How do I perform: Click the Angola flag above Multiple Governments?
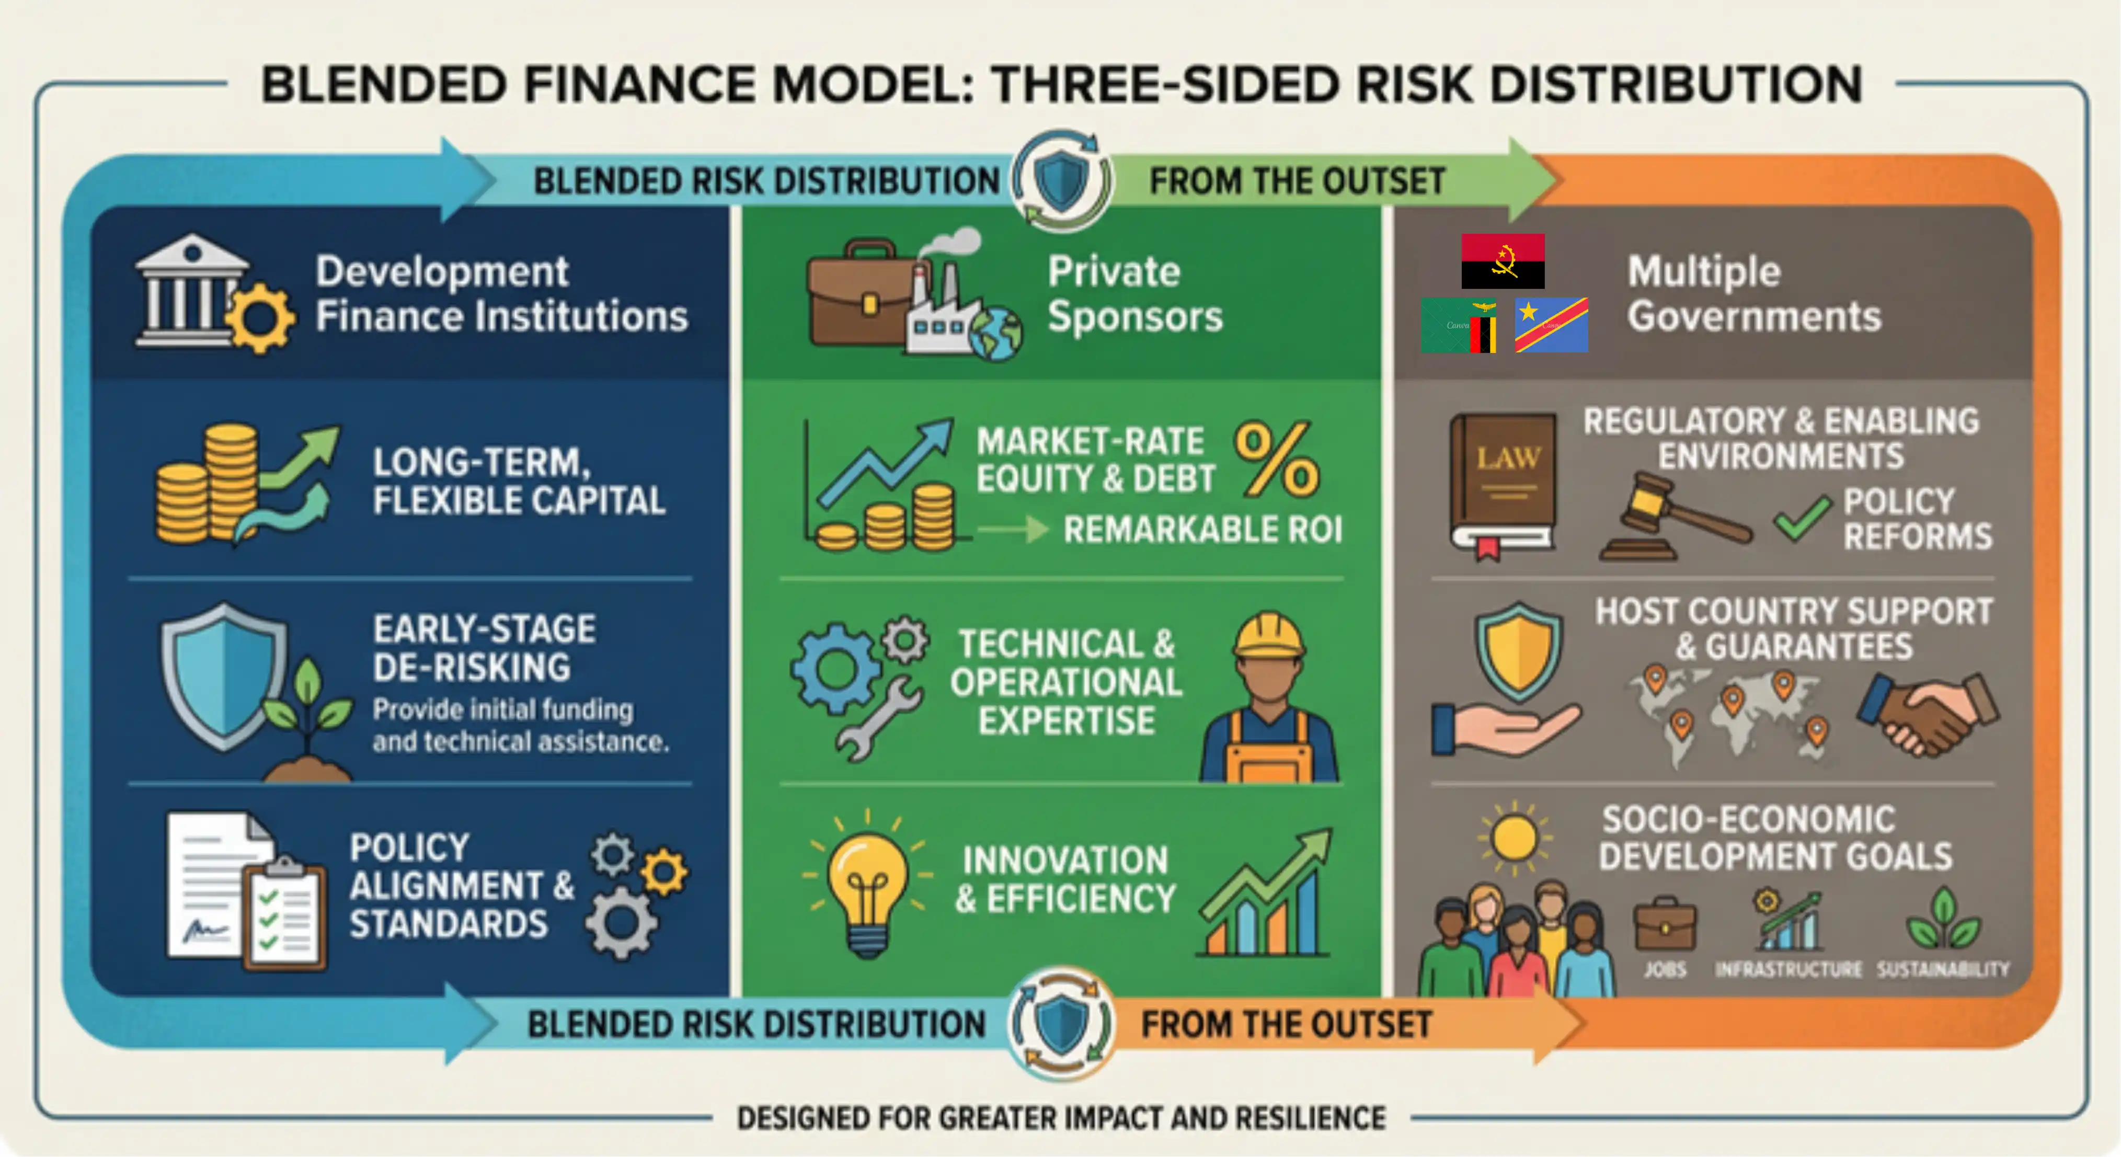click(x=1503, y=261)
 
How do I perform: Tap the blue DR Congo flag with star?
click(x=1551, y=325)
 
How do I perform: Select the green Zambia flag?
click(x=1458, y=325)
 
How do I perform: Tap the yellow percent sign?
click(x=1276, y=460)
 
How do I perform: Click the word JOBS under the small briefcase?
click(x=1665, y=969)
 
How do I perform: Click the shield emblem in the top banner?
click(x=1061, y=179)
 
